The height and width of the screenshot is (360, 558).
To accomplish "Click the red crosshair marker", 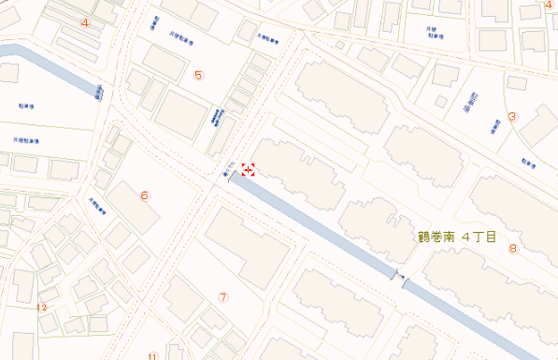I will point(250,169).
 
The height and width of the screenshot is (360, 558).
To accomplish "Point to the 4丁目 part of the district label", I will point(479,237).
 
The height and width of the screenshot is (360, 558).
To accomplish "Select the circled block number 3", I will point(512,117).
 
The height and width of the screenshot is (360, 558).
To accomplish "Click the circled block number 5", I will point(198,75).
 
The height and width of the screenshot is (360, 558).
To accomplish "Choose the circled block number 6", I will point(144,195).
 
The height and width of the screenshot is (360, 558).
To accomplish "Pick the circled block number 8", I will point(512,249).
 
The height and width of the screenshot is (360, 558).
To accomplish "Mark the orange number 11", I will point(152,355).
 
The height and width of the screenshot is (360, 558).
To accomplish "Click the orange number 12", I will point(41,307).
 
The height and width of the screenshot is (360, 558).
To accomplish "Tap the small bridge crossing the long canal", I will point(401,277).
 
